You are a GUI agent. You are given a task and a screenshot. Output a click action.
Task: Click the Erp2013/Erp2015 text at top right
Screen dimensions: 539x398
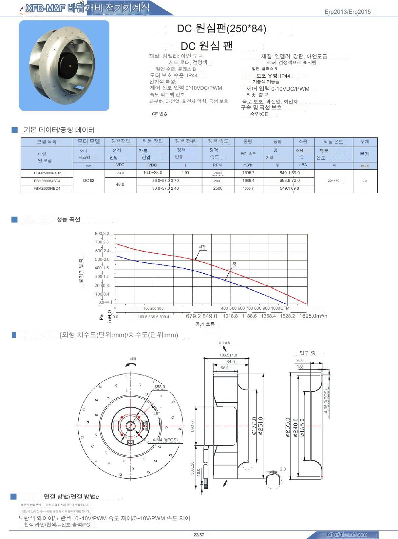348,12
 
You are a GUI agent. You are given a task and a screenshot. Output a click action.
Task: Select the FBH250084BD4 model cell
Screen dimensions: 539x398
47,181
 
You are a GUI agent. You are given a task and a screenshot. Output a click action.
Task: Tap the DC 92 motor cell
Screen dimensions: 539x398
88,181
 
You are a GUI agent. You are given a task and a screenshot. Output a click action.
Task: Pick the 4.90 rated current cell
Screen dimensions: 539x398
185,173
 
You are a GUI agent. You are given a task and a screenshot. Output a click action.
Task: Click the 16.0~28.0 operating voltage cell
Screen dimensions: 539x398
153,173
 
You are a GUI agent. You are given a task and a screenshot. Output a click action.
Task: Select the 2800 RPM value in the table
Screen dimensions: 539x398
218,181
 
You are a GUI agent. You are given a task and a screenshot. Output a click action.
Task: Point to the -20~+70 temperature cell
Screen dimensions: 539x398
333,181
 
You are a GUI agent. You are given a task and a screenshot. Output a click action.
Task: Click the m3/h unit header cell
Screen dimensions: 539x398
248,165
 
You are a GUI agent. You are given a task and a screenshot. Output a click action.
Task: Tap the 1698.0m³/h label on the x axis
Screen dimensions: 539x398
313,316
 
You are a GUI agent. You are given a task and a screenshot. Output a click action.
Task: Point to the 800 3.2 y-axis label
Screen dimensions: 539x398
102,234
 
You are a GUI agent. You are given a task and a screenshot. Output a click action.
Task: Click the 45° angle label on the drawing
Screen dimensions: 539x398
157,414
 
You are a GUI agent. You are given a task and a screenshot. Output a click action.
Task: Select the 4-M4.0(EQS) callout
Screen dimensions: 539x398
165,440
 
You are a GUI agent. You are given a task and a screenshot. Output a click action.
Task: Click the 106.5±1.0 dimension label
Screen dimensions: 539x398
228,355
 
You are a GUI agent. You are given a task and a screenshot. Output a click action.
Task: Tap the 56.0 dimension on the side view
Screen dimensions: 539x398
224,368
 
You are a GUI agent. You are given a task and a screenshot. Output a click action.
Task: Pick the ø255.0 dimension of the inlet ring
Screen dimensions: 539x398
288,427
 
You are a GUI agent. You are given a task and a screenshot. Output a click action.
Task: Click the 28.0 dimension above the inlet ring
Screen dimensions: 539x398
300,360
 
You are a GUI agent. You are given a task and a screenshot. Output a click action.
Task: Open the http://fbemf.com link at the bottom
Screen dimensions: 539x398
347,534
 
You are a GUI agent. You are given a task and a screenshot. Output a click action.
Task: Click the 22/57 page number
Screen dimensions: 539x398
199,535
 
